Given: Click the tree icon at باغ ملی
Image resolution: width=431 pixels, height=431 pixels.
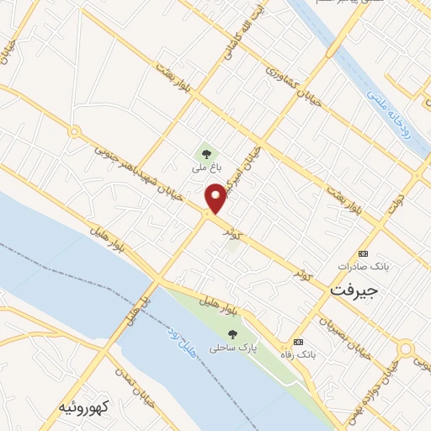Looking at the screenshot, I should coord(206,153).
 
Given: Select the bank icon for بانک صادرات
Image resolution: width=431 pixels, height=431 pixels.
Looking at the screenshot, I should coord(364,253).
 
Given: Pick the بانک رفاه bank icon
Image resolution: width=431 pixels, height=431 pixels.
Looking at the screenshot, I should coord(298,342).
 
